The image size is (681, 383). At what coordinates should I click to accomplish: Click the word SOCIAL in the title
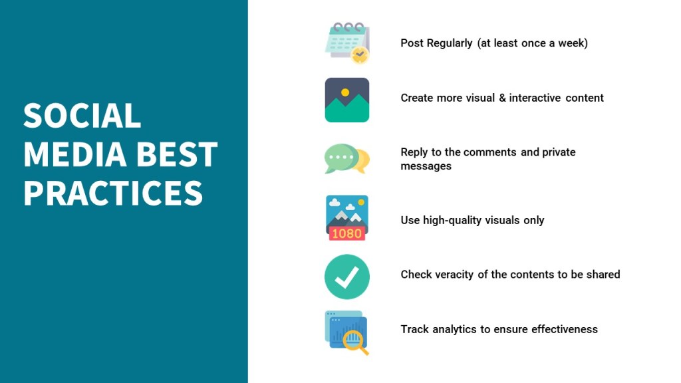[x=82, y=116]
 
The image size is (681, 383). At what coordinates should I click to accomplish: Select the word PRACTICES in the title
[x=113, y=193]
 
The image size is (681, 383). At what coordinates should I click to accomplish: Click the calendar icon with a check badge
[x=347, y=43]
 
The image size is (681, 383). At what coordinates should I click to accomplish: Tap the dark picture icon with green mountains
[x=347, y=100]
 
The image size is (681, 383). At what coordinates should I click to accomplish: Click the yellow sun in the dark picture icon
[x=345, y=92]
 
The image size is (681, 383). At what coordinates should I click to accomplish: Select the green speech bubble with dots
[x=342, y=158]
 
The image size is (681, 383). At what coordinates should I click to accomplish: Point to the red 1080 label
[x=347, y=233]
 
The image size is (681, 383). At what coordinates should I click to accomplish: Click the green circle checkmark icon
[x=347, y=277]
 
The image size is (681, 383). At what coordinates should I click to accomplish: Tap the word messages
[x=426, y=166]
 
